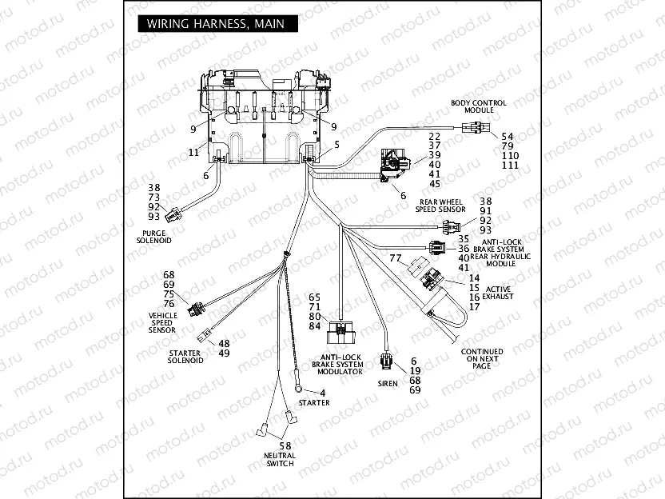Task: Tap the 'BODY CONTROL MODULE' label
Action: [479, 106]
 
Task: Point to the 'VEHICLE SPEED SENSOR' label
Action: [162, 321]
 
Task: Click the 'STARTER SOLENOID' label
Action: [185, 356]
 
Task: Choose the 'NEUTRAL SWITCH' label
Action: [280, 459]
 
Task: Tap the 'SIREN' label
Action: [388, 383]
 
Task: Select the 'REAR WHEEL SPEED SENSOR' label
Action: [440, 206]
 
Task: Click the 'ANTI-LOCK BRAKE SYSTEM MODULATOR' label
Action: [342, 365]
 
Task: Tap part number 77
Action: [395, 258]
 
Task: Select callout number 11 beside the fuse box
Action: [193, 151]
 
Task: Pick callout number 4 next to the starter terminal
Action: [322, 392]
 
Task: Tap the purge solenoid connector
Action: [185, 213]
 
